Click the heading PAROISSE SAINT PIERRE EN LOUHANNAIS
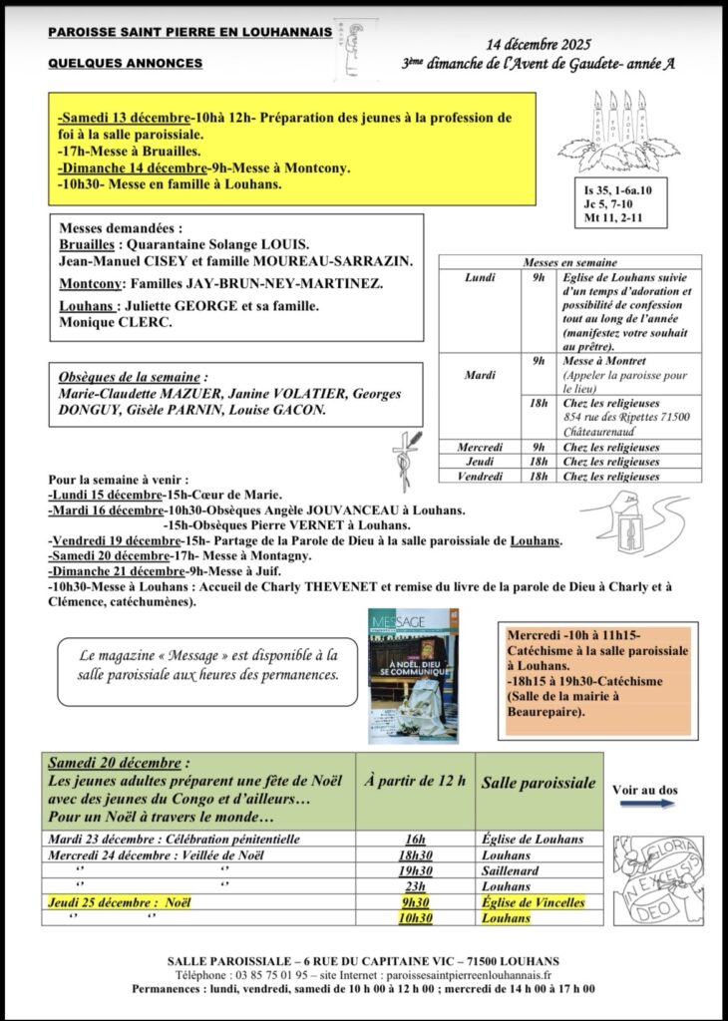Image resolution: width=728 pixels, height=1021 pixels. pos(189,33)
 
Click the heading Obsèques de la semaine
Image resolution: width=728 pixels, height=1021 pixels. pos(133,379)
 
